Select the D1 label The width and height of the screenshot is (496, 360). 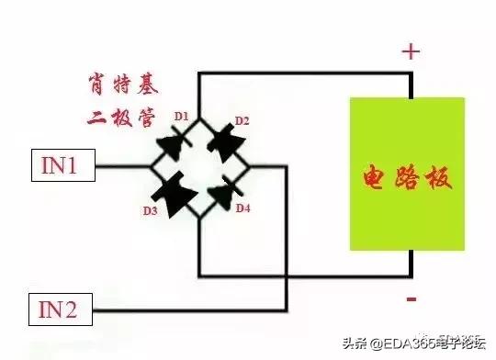pos(181,117)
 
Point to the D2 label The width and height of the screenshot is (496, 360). pos(242,120)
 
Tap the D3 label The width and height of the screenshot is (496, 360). pos(148,210)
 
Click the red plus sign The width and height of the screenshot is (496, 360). pos(410,51)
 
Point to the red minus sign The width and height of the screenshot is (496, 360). pos(411,298)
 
